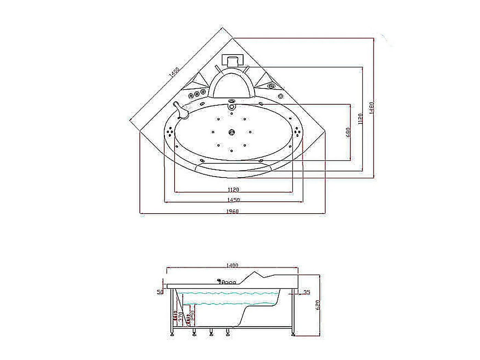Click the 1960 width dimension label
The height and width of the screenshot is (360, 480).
pos(232,211)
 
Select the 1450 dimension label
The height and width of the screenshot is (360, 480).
pos(233,200)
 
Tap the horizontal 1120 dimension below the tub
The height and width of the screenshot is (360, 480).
pos(233,189)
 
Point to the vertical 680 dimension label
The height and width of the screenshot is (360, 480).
pos(348,132)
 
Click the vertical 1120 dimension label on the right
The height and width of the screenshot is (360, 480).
pos(360,119)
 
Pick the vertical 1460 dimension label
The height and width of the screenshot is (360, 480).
pos(371,107)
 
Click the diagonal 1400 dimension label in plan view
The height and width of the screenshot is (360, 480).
pos(175,73)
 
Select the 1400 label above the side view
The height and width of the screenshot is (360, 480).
pos(232,265)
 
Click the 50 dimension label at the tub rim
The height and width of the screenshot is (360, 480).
pos(160,292)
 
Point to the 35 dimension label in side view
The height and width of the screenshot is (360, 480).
pos(307,292)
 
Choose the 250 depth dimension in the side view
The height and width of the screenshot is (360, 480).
pos(192,315)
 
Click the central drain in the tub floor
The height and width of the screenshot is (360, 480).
pos(232,132)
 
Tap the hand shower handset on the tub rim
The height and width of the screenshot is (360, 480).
pos(181,110)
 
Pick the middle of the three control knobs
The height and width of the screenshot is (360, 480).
pos(197,94)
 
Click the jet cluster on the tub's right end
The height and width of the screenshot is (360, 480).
pos(297,132)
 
